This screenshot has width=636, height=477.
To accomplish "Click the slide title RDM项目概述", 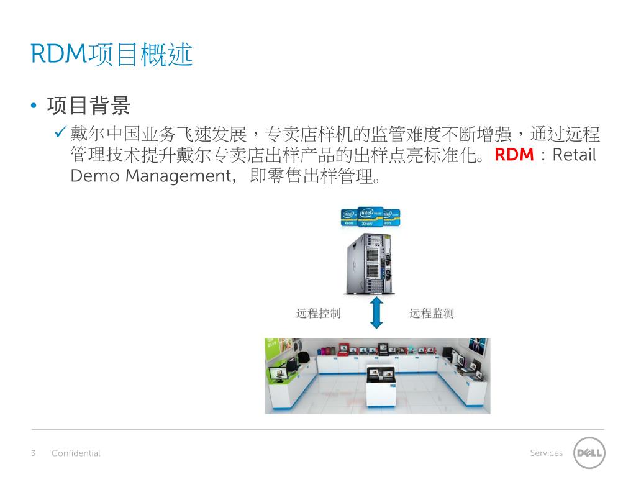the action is pyautogui.click(x=112, y=55).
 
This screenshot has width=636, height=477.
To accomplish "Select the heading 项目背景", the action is pyautogui.click(x=88, y=106).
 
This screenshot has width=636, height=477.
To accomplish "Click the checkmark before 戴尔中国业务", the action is pyautogui.click(x=60, y=132).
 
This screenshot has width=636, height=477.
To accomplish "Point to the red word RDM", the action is pyautogui.click(x=514, y=155).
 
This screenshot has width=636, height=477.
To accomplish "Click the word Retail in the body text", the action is pyautogui.click(x=575, y=155).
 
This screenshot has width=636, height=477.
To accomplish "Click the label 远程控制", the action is pyautogui.click(x=318, y=313).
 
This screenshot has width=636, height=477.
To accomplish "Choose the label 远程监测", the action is pyautogui.click(x=432, y=313).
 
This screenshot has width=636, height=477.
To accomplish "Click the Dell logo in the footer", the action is pyautogui.click(x=588, y=453).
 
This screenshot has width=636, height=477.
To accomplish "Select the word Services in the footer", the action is pyautogui.click(x=546, y=453).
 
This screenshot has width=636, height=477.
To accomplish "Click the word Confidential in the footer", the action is pyautogui.click(x=76, y=453).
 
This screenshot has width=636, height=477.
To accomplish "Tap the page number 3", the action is pyautogui.click(x=34, y=453).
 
